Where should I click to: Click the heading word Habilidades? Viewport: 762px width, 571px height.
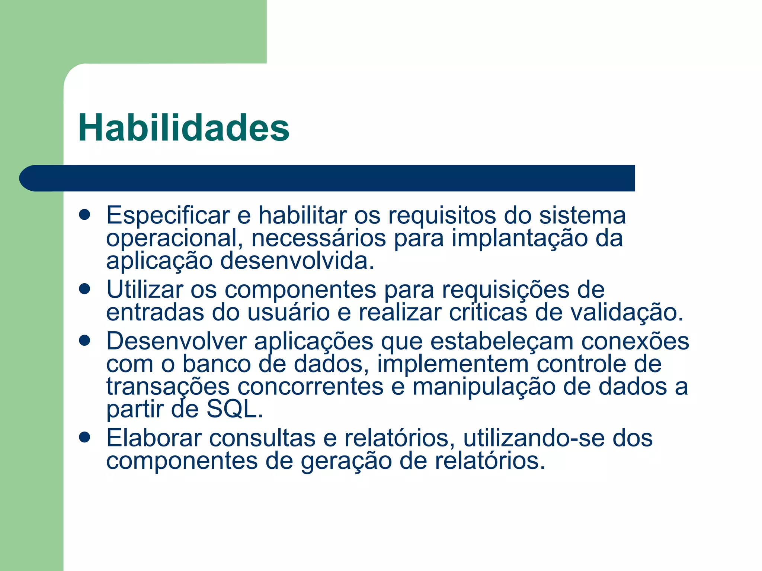(x=183, y=128)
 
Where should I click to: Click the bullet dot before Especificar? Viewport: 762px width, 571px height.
(x=85, y=215)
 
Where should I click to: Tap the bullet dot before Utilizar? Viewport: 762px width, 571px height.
(x=85, y=289)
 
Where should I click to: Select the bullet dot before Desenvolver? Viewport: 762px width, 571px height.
(x=85, y=340)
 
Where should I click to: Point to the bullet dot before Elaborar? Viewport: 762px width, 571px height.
(x=85, y=438)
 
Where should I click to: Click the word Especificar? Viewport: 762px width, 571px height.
(x=168, y=216)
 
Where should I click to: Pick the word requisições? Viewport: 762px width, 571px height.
(x=506, y=290)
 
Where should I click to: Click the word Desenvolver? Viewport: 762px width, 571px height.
(x=176, y=341)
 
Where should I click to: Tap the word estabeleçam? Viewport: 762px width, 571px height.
(x=502, y=341)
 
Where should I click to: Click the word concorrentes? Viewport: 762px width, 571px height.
(x=310, y=387)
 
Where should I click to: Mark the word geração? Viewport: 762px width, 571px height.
(x=346, y=462)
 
